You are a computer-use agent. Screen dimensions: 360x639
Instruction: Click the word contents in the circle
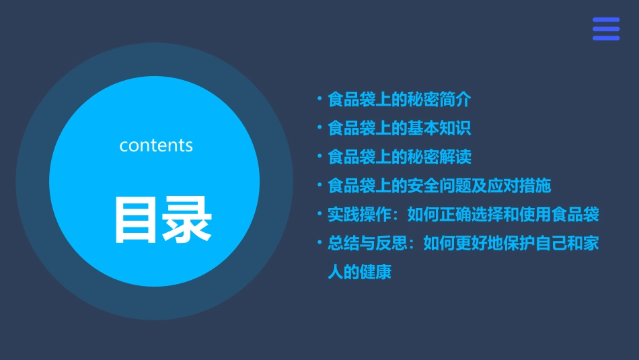click(x=156, y=145)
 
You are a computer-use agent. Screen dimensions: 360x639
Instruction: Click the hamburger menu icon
click(x=605, y=29)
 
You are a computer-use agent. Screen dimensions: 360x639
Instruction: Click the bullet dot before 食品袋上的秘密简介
click(x=319, y=100)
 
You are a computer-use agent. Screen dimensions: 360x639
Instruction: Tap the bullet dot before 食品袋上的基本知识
click(x=319, y=128)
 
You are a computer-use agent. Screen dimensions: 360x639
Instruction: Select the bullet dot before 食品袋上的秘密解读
click(x=319, y=157)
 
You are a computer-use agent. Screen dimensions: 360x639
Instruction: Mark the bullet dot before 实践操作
click(x=319, y=215)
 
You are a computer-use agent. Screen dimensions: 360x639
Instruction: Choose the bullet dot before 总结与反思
click(x=319, y=244)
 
